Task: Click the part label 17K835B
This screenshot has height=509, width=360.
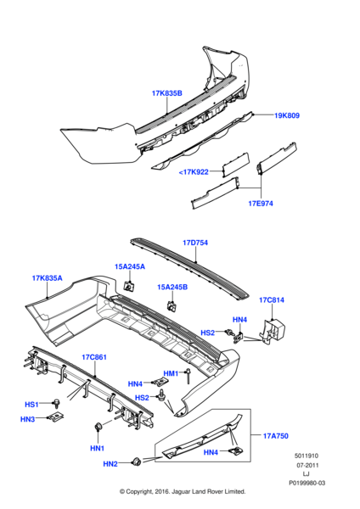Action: coord(167,93)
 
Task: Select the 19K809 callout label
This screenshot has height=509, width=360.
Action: coord(287,115)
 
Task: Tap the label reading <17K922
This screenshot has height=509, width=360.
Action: coord(194,172)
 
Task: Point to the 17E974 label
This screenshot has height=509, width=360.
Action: coord(261,204)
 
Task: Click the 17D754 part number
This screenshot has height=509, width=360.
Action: coord(195,243)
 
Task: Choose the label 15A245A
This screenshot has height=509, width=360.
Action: coord(130,267)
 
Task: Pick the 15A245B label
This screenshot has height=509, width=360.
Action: coord(172,288)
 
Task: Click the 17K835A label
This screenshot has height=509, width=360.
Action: coord(47,278)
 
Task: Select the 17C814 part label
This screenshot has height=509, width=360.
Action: coord(272,300)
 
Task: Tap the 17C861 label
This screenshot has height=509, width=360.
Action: coord(94,357)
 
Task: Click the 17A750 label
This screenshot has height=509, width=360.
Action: coord(276,436)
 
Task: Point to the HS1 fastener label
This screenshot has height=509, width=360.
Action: coord(31,405)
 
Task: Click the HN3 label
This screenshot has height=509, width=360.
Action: coord(28,419)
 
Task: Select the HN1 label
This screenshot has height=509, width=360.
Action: coord(97,449)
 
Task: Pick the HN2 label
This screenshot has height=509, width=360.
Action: coord(110,464)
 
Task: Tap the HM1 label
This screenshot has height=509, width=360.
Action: coord(171,373)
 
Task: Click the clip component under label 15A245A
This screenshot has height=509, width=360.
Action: coord(129,287)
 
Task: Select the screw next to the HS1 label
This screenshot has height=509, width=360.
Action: coord(57,403)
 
